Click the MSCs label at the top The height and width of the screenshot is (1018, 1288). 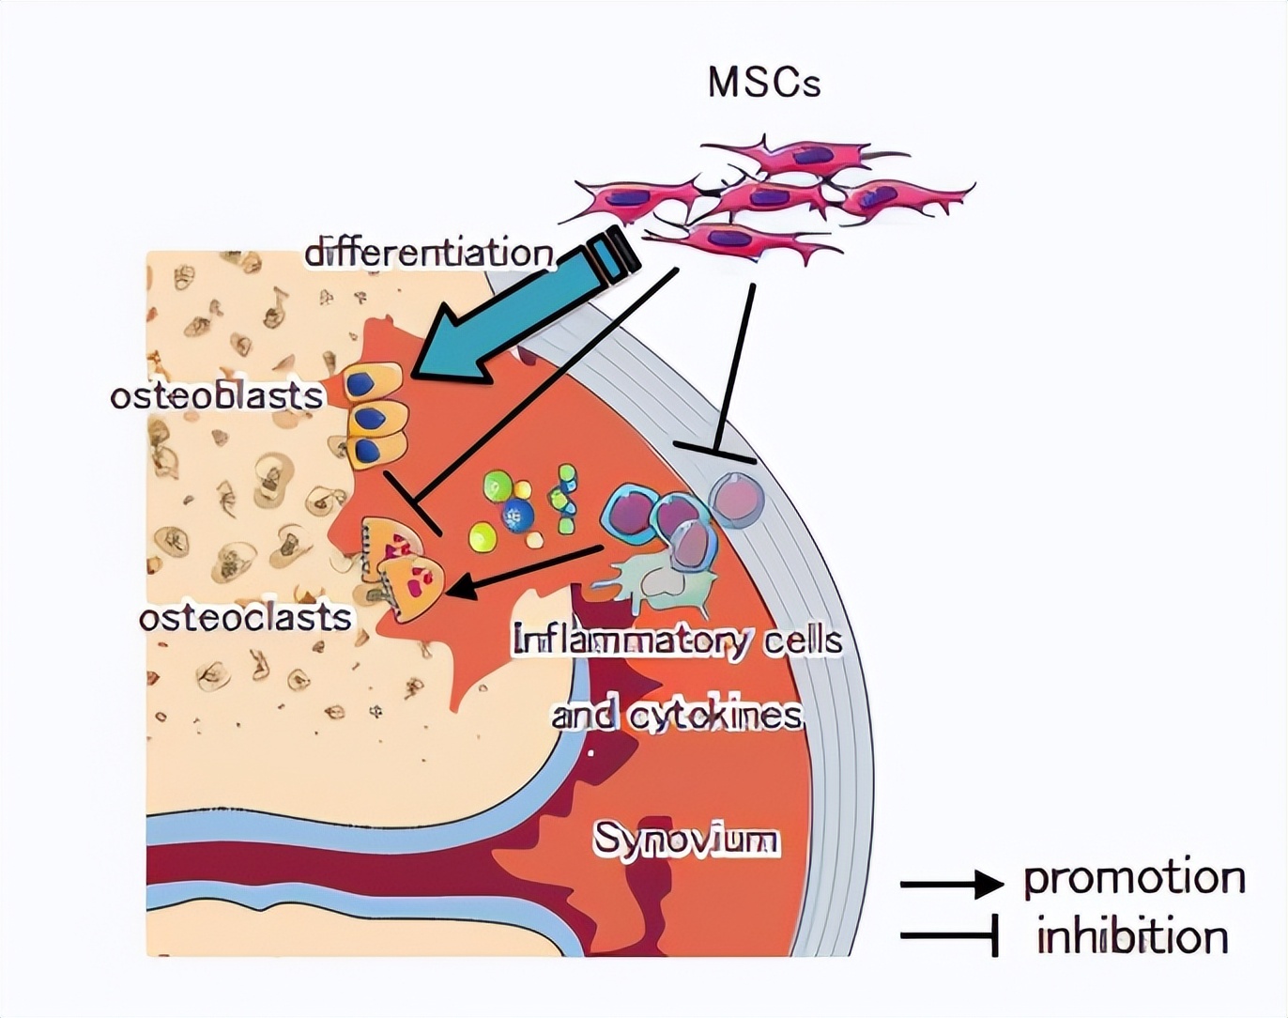[x=764, y=83]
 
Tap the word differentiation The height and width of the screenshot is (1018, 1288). [x=429, y=253]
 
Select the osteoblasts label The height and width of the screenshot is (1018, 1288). [x=217, y=395]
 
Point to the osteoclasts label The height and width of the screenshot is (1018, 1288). [x=245, y=617]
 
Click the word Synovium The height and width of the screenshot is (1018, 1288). [x=686, y=839]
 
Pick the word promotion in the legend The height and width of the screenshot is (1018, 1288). [x=1134, y=878]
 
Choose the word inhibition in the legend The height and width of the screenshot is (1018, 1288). [x=1132, y=937]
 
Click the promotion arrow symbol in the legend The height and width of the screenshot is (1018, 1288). [x=951, y=884]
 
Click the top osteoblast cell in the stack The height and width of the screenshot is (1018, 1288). [x=373, y=383]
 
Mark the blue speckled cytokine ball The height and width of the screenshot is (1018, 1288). [x=517, y=514]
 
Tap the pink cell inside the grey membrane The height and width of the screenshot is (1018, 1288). [x=737, y=499]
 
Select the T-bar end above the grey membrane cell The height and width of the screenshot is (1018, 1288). [x=715, y=453]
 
